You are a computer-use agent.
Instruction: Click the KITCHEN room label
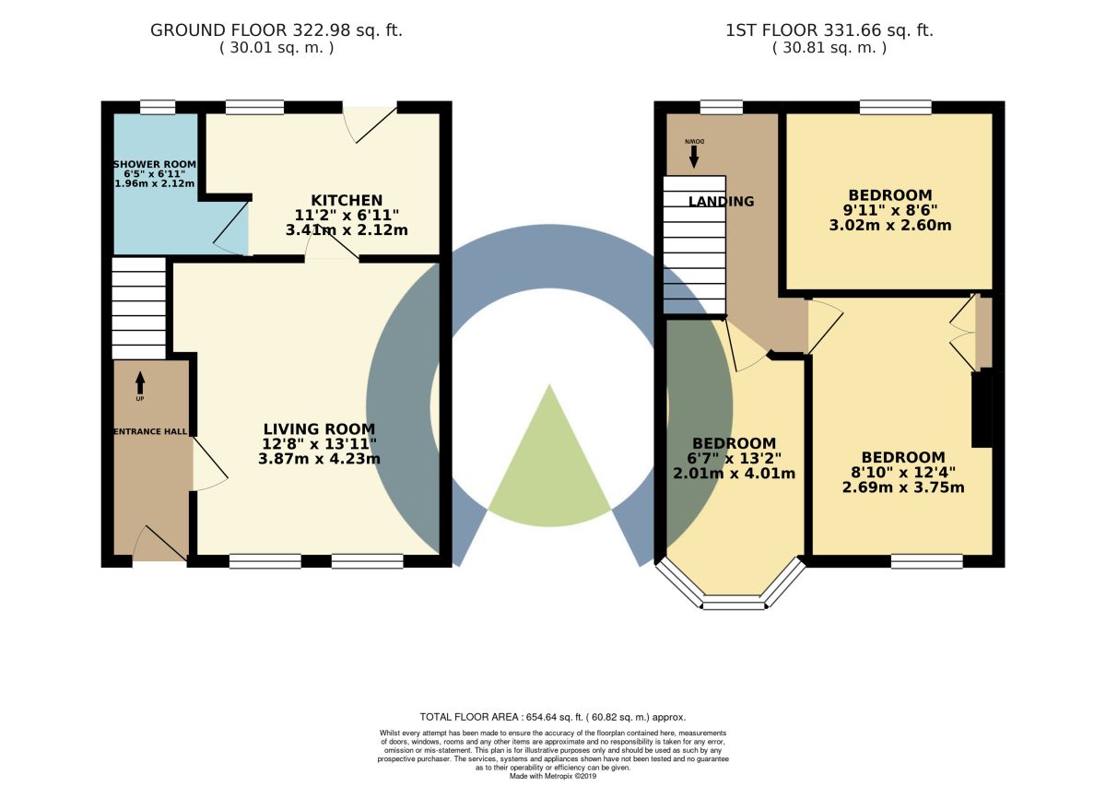(x=347, y=200)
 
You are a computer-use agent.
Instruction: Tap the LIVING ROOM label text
(x=320, y=428)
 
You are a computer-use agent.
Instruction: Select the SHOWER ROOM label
(x=155, y=164)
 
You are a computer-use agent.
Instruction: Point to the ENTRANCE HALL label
(x=150, y=432)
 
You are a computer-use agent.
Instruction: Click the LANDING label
(x=722, y=202)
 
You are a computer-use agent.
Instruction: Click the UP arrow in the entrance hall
(x=140, y=383)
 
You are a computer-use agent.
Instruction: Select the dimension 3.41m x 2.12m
(x=347, y=230)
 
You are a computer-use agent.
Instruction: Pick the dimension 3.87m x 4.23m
(x=320, y=459)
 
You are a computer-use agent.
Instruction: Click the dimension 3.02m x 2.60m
(x=890, y=226)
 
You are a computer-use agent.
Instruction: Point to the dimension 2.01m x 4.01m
(x=735, y=474)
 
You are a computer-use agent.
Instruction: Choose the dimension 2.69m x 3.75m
(x=903, y=487)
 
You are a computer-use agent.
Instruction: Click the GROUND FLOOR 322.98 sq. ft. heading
(x=276, y=30)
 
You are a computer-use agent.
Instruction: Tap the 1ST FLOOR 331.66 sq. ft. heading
(x=829, y=30)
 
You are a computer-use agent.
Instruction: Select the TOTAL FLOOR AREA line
(x=553, y=717)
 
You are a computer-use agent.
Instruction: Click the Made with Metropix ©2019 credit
(x=553, y=776)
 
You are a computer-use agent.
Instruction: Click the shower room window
(x=158, y=107)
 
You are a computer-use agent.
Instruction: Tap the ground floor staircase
(x=139, y=308)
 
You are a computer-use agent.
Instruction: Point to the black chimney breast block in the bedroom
(x=982, y=410)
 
